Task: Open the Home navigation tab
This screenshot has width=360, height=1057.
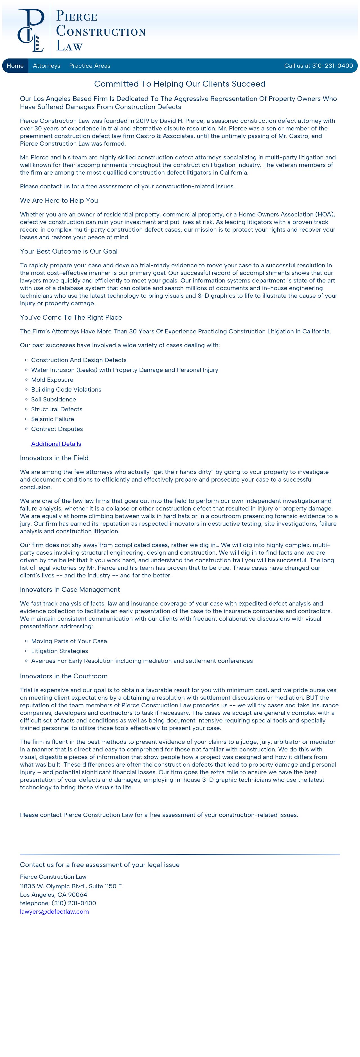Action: (x=15, y=66)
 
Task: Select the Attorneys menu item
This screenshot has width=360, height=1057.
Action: (x=46, y=66)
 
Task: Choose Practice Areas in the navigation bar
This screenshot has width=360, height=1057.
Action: (x=89, y=66)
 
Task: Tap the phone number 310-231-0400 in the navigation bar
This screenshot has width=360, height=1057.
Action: (x=332, y=66)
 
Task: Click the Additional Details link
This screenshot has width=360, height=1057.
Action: (x=56, y=444)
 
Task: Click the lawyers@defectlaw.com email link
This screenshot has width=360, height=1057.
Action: (x=54, y=911)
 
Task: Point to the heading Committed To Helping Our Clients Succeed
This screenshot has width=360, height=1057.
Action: (x=180, y=84)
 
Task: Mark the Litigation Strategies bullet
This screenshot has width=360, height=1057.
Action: (x=60, y=651)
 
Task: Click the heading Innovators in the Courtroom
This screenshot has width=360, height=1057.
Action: (x=64, y=676)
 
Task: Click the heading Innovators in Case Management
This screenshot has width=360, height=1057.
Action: (x=70, y=589)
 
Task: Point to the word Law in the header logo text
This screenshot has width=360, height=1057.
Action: (x=69, y=46)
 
